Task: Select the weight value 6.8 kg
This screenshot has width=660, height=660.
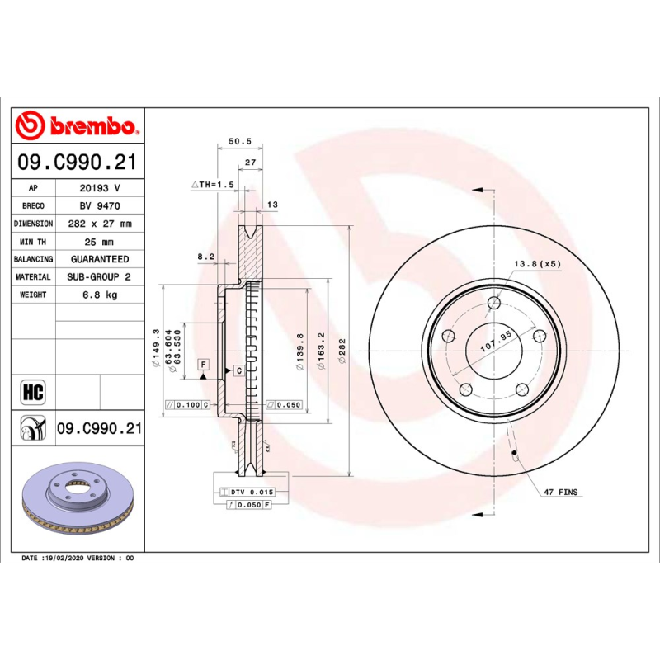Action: tap(99, 295)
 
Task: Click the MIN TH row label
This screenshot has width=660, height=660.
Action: tap(34, 242)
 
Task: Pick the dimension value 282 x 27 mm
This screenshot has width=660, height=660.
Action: tap(99, 224)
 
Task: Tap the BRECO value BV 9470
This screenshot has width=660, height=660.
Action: tap(99, 206)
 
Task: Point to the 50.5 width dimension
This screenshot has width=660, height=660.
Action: tap(239, 142)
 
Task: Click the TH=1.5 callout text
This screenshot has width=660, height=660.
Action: tap(214, 185)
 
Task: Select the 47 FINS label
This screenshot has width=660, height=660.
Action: tap(561, 492)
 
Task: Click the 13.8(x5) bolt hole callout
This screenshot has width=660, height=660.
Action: tap(537, 263)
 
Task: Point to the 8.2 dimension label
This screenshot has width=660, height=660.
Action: tap(205, 257)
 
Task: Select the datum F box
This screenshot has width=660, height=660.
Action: tap(202, 364)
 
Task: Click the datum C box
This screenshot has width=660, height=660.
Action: tap(238, 371)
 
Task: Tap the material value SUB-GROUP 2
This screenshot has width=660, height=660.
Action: tap(99, 277)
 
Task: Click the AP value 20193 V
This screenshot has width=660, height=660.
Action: tap(99, 188)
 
